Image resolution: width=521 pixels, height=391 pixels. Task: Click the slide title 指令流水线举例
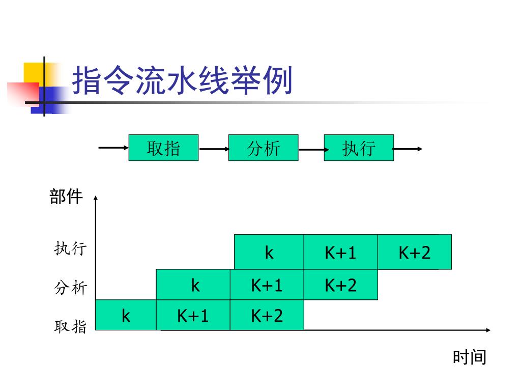pos(182,81)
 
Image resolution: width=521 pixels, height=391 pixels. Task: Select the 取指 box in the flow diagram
pos(163,148)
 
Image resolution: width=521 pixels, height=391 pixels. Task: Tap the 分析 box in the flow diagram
pos(263,148)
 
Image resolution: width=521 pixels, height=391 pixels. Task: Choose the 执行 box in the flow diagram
pos(359,148)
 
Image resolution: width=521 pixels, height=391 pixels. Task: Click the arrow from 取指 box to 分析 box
pos(214,149)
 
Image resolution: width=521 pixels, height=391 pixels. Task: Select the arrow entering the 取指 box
pos(113,148)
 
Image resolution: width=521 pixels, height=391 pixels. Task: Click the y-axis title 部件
pos(66,197)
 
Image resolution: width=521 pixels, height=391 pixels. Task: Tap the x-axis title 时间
pos(470,357)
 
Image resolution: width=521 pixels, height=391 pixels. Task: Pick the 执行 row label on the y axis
pos(71,249)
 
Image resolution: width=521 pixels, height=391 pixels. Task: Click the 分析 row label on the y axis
pos(71,288)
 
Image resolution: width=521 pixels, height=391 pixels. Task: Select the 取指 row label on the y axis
pos(71,326)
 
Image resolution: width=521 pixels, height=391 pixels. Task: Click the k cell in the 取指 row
pos(126,315)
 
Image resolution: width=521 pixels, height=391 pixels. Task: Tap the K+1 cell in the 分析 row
pos(267,285)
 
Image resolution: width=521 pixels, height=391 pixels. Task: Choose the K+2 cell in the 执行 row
pos(414,252)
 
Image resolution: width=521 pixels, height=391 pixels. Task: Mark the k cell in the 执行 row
pos(269,252)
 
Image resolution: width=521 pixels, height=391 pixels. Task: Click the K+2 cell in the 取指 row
pos(267,315)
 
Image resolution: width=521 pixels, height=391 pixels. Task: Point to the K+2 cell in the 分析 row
pos(340,285)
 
